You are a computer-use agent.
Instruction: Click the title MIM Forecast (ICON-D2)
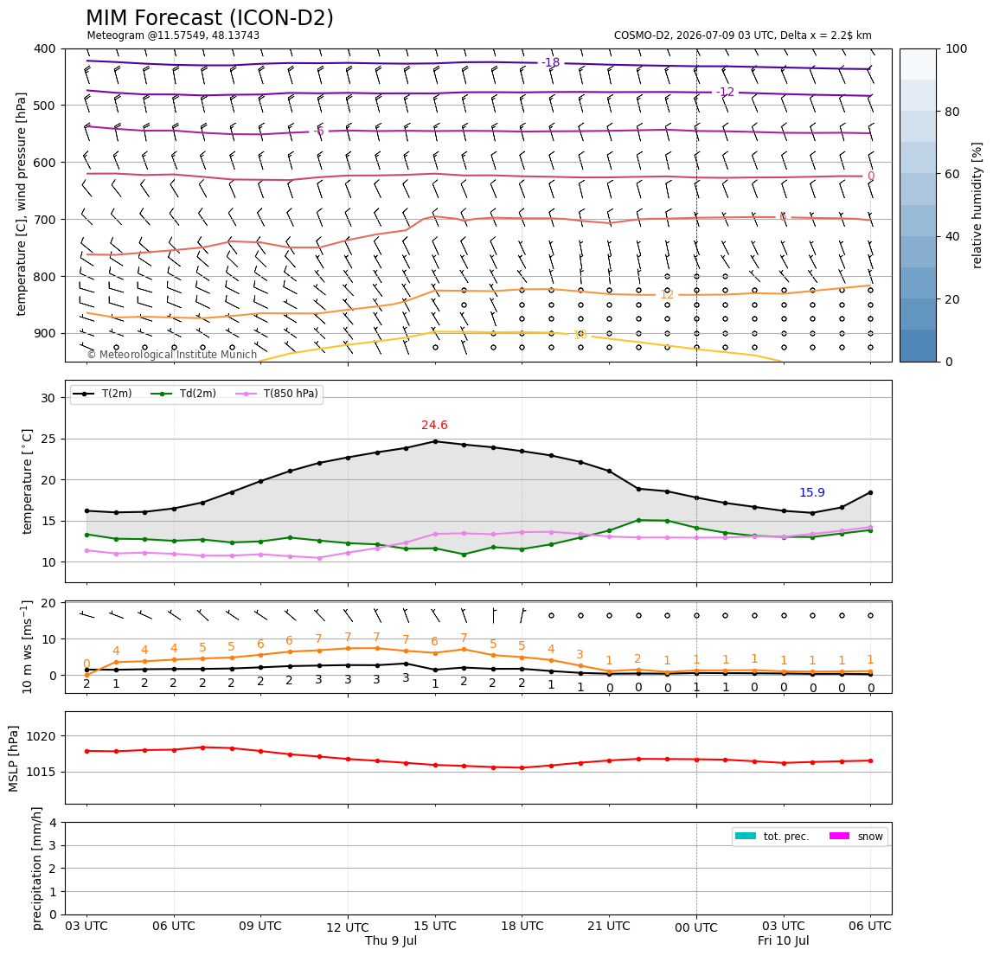[x=209, y=18]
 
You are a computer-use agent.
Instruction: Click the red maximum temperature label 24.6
[x=434, y=425]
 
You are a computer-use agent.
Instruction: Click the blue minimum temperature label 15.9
[x=812, y=493]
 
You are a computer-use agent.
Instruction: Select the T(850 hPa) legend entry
[x=278, y=394]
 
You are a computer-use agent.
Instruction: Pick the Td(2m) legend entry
[x=183, y=394]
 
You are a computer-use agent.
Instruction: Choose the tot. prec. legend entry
[x=772, y=837]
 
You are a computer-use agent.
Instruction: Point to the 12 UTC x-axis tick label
[x=348, y=927]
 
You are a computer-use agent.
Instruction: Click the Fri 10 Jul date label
[x=784, y=940]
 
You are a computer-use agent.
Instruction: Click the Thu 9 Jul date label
[x=391, y=940]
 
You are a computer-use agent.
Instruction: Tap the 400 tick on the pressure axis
[x=46, y=48]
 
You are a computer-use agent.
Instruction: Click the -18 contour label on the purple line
[x=551, y=62]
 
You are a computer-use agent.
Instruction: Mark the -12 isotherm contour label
[x=725, y=92]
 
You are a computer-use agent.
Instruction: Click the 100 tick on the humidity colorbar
[x=957, y=48]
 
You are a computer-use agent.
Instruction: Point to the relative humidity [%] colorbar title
[x=977, y=205]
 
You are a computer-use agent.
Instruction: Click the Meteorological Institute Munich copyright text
[x=171, y=355]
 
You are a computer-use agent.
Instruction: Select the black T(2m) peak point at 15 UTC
[x=435, y=441]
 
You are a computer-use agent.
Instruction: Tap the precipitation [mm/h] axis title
[x=37, y=869]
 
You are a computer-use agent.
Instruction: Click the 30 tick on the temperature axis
[x=48, y=398]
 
